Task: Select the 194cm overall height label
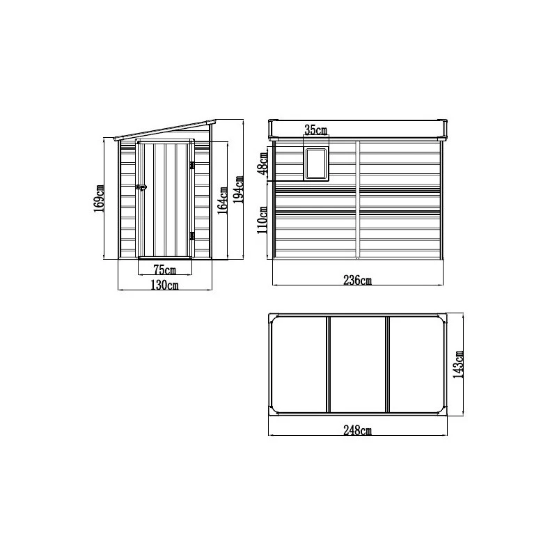pos(238,188)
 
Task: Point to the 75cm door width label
pos(164,269)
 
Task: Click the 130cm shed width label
pos(164,285)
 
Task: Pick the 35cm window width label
pos(315,130)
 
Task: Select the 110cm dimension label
pos(263,220)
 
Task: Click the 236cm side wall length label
pos(358,281)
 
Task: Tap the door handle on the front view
pos(141,187)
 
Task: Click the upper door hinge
pos(191,164)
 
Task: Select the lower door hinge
pos(191,236)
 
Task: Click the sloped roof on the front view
pos(164,131)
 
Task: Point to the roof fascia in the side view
pos(358,128)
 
